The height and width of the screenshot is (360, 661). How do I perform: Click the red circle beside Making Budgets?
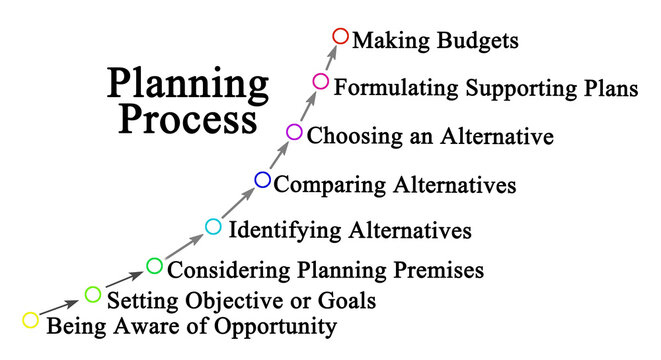point(340,37)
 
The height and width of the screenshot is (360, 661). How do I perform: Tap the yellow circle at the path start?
point(30,320)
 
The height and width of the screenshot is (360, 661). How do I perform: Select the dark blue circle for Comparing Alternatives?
point(262,180)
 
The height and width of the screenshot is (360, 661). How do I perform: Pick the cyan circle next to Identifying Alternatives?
point(212,227)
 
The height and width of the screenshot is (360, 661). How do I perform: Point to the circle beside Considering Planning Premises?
point(154,265)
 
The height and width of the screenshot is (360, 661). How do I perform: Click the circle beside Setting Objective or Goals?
point(93,294)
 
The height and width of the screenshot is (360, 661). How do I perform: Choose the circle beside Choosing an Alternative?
point(294,132)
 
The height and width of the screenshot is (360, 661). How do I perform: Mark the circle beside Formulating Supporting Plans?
point(320,81)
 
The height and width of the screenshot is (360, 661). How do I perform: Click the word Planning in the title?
point(187,86)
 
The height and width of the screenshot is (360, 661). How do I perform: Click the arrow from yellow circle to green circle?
point(61,307)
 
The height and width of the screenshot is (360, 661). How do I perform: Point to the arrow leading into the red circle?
point(331,58)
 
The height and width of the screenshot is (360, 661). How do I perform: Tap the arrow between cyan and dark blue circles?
point(237,204)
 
